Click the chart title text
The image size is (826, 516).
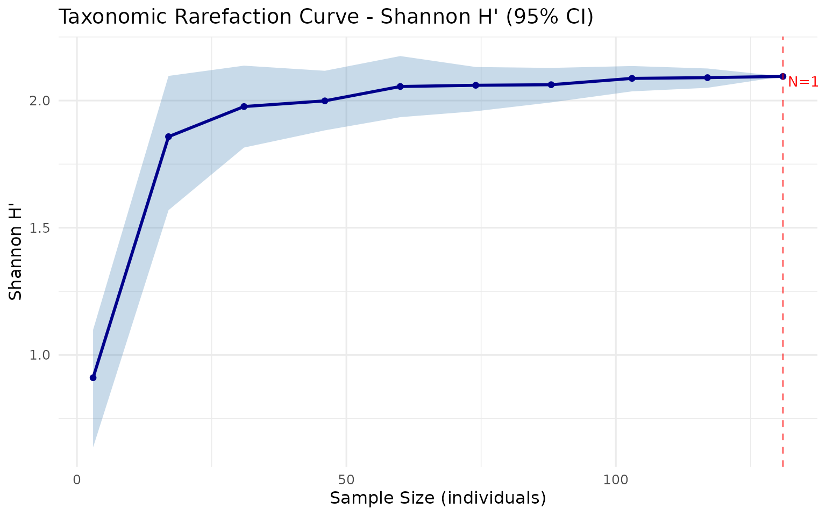(325, 17)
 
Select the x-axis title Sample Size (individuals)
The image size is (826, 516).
(438, 498)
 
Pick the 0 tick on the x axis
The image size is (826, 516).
(77, 479)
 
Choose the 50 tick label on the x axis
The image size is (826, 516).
(346, 479)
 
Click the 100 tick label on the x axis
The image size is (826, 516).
(615, 479)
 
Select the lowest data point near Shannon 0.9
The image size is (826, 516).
(93, 378)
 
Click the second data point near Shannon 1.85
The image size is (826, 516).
(168, 137)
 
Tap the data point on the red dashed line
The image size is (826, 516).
(782, 76)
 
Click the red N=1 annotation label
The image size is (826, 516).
(803, 82)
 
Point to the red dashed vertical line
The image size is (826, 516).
(782, 269)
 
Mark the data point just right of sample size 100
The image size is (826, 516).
(632, 78)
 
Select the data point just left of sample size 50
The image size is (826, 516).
(325, 101)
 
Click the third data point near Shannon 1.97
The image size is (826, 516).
(244, 106)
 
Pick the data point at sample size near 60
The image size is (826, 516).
(400, 87)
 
